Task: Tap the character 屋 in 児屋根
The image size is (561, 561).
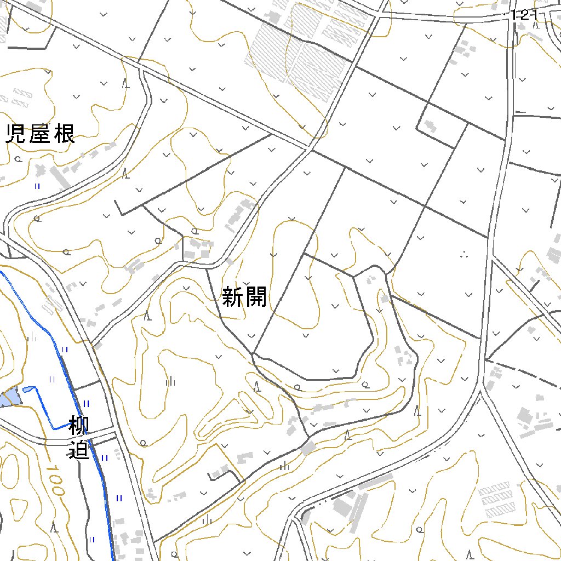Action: click(40, 133)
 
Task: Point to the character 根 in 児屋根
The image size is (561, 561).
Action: click(65, 133)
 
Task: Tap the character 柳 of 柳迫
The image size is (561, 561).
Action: click(79, 426)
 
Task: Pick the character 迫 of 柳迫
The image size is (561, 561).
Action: click(79, 450)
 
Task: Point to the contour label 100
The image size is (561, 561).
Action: click(55, 480)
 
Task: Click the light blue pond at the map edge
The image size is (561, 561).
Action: click(9, 398)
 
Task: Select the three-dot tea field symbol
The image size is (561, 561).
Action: click(465, 254)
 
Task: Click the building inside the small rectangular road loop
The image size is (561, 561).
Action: click(430, 127)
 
